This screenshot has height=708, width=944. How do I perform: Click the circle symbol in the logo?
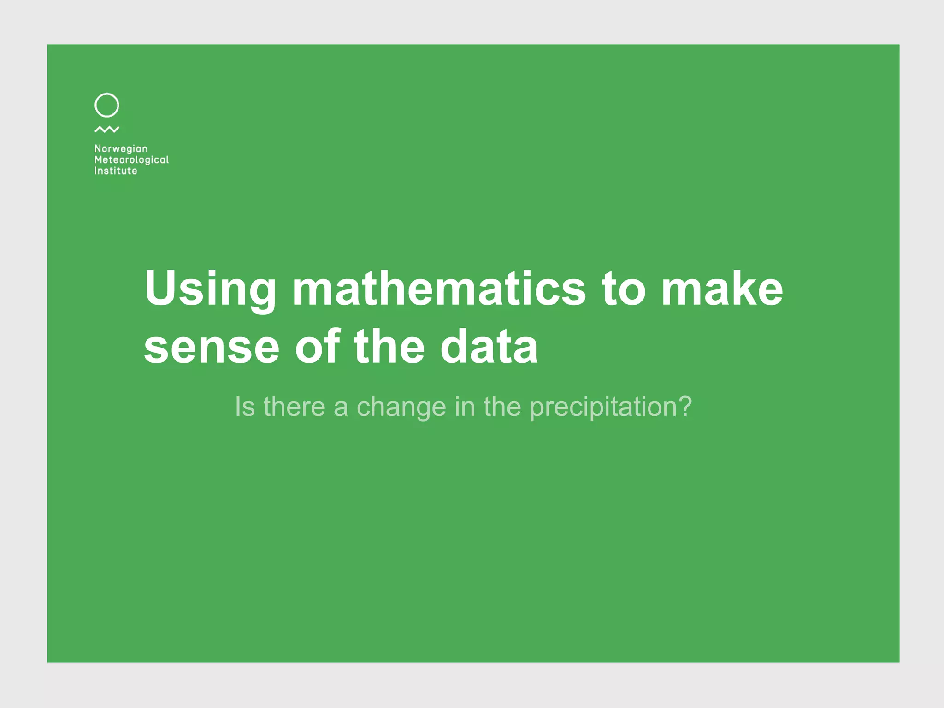(106, 105)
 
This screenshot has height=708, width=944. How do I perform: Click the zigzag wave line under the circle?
(107, 130)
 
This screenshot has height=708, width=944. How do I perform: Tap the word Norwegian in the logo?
(121, 149)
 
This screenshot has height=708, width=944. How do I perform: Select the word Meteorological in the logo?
(131, 160)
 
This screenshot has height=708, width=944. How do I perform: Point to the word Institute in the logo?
(116, 171)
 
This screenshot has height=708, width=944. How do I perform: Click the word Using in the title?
(210, 289)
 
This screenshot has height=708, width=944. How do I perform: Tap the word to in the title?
(624, 289)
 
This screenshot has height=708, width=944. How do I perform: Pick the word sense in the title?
(212, 348)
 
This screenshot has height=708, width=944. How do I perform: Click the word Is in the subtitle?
(244, 407)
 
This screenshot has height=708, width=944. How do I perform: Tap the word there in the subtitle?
(294, 407)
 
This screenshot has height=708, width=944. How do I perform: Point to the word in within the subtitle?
(465, 407)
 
